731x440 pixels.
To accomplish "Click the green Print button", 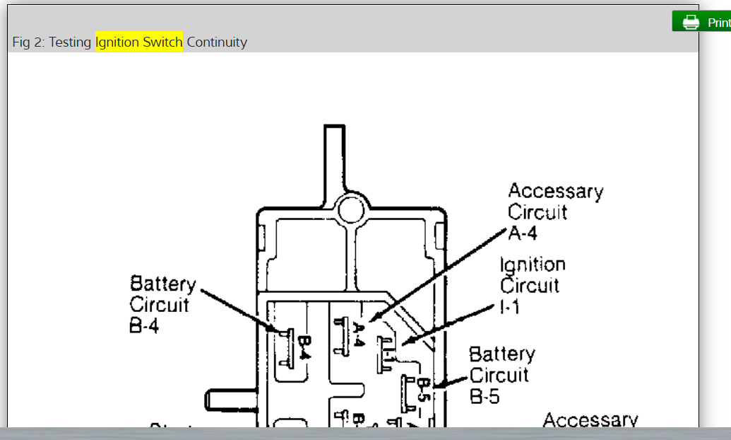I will click(702, 22).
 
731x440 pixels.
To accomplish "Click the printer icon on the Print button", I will click(690, 22).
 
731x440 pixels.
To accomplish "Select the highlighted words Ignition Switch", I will click(139, 42).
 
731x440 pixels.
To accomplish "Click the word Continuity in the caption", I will click(217, 42).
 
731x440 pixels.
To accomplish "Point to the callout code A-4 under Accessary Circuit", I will click(523, 233).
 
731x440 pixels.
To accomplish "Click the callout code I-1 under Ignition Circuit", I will click(510, 306).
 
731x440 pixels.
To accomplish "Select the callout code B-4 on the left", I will click(145, 328).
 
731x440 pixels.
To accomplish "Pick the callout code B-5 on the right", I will click(485, 396).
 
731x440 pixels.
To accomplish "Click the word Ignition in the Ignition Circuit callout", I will click(533, 265).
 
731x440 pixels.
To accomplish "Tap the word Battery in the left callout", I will click(162, 284).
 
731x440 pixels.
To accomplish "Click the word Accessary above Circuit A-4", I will click(555, 191).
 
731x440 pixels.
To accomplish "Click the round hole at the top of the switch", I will click(351, 209).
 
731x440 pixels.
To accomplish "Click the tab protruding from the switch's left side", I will click(230, 399).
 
